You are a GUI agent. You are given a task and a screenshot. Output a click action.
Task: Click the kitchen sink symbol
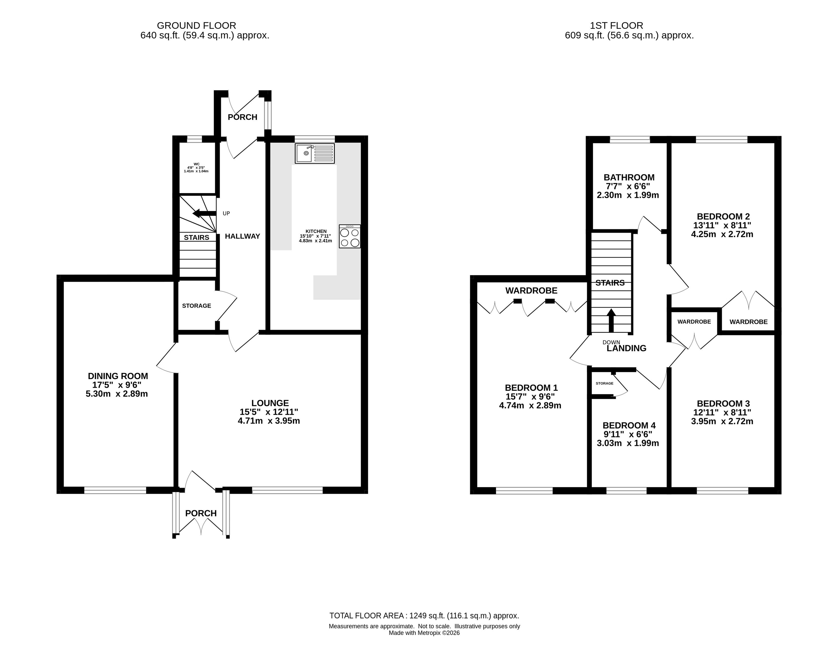[315, 153]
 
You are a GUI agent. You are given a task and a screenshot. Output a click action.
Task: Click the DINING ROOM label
[118, 376]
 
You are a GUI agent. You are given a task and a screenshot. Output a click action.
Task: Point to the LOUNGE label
[270, 403]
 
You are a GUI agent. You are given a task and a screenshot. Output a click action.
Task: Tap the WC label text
[196, 164]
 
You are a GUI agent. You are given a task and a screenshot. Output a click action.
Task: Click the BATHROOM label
[628, 177]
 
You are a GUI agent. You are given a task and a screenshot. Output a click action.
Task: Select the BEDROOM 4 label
[629, 425]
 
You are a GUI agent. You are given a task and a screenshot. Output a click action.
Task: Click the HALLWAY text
[243, 236]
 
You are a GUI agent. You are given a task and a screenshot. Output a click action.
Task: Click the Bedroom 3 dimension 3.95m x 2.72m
[722, 421]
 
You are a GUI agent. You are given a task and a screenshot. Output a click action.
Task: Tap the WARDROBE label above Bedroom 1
[531, 290]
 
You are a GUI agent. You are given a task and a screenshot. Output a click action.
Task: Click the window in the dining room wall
[115, 490]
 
